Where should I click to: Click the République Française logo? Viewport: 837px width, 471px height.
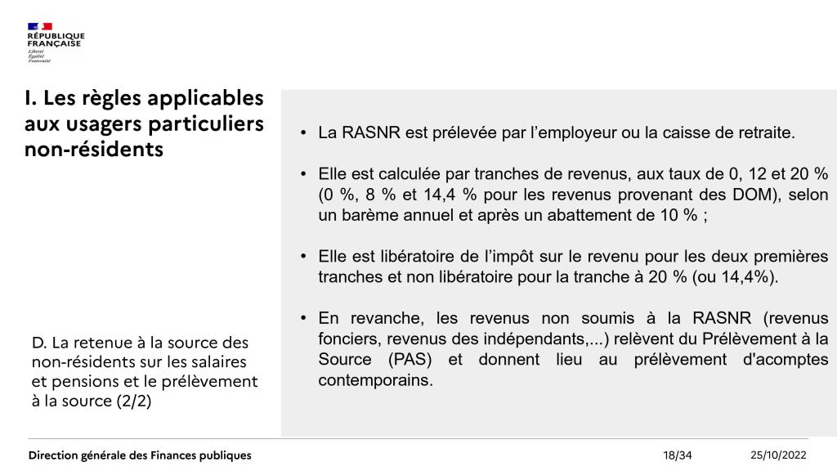[x=56, y=42]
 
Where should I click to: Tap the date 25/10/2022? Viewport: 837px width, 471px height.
[x=778, y=455]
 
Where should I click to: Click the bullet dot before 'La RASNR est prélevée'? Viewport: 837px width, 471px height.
[x=304, y=132]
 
